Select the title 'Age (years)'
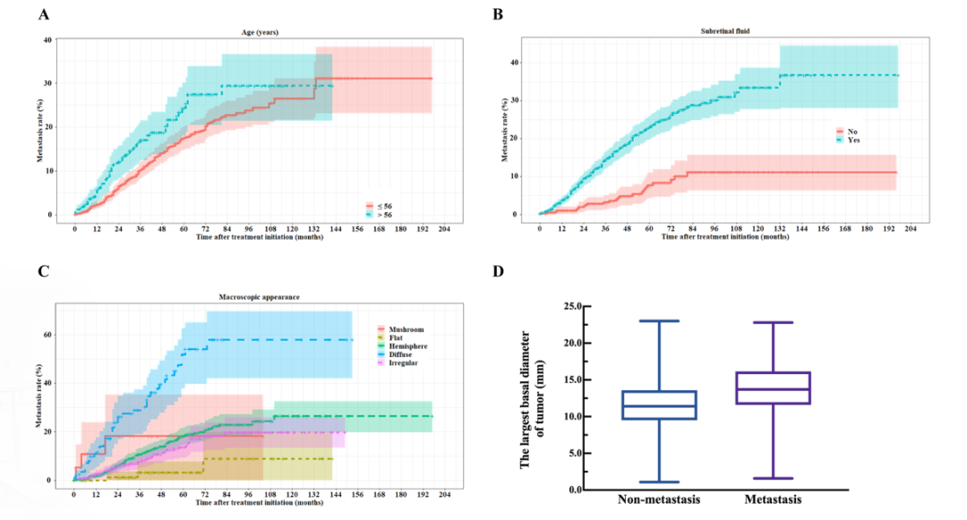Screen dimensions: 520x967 (261, 31)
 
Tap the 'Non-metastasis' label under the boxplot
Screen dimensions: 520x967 (659, 499)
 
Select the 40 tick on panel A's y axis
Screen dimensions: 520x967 (47, 39)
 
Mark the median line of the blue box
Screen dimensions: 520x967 (659, 406)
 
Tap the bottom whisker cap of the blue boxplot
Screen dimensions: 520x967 (659, 482)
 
